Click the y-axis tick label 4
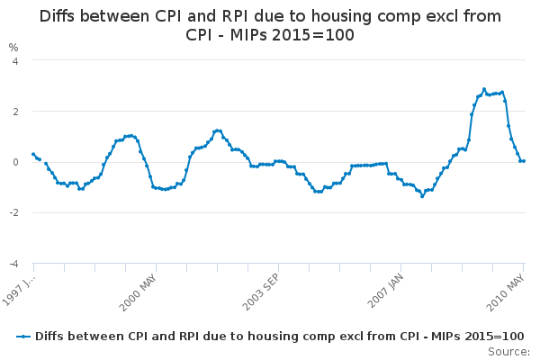pyautogui.click(x=13, y=60)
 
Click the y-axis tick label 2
pyautogui.click(x=13, y=112)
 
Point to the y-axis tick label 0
pyautogui.click(x=13, y=162)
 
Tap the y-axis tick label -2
pyautogui.click(x=12, y=213)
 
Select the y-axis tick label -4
pyautogui.click(x=12, y=264)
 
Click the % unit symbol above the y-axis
pyautogui.click(x=13, y=47)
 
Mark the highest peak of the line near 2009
pyautogui.click(x=483, y=89)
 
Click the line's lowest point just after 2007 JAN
pyautogui.click(x=422, y=195)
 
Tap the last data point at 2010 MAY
pyautogui.click(x=524, y=161)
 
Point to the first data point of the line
pyautogui.click(x=33, y=154)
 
